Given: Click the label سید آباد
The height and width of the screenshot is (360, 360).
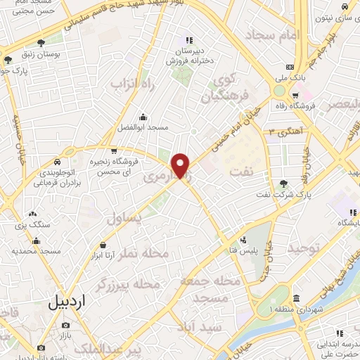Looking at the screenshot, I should point(201,328).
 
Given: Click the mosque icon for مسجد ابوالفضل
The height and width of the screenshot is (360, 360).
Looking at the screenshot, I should point(143,117).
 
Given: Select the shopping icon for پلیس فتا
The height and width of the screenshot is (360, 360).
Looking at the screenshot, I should point(243,239).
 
